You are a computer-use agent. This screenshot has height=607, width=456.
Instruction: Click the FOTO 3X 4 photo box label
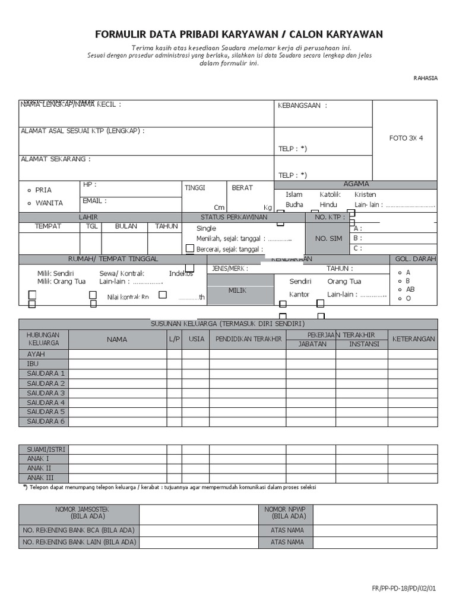pyautogui.click(x=406, y=138)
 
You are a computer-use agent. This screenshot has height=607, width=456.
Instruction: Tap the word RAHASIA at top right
pyautogui.click(x=425, y=78)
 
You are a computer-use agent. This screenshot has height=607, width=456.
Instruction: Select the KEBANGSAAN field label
pyautogui.click(x=302, y=106)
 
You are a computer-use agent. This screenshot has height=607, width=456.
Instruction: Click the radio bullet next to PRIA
pyautogui.click(x=30, y=190)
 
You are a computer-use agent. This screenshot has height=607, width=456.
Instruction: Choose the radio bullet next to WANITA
pyautogui.click(x=30, y=203)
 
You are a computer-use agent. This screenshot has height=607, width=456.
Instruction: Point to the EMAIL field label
pyautogui.click(x=94, y=201)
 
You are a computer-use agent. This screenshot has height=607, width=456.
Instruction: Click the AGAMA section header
pyautogui.click(x=356, y=184)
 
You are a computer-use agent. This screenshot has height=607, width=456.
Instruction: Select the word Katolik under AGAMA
pyautogui.click(x=330, y=194)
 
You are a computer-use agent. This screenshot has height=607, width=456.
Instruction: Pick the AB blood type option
pyautogui.click(x=410, y=289)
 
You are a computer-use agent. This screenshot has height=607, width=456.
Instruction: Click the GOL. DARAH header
pyautogui.click(x=415, y=259)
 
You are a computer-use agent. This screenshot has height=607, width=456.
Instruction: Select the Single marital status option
pyautogui.click(x=207, y=228)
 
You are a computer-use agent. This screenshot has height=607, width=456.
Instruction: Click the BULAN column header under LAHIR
pyautogui.click(x=126, y=226)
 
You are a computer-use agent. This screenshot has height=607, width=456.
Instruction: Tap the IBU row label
pyautogui.click(x=33, y=363)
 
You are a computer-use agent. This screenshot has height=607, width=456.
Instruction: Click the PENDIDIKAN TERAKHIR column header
pyautogui.click(x=248, y=339)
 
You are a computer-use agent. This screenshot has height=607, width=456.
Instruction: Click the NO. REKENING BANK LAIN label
pyautogui.click(x=79, y=542)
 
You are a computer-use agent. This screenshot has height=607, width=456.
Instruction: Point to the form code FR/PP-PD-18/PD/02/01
pyautogui.click(x=404, y=589)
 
